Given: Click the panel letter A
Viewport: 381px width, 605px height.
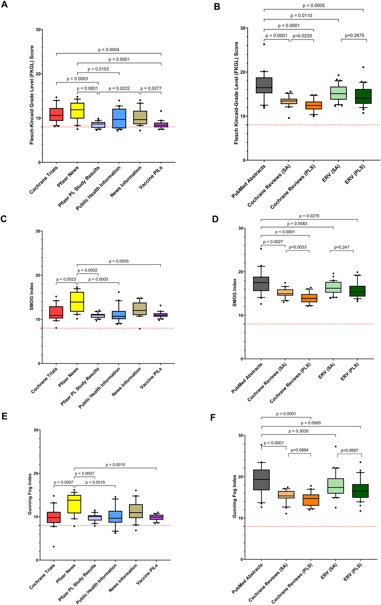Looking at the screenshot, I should (4, 4).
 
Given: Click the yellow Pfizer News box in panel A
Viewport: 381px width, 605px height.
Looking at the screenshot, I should (77, 111).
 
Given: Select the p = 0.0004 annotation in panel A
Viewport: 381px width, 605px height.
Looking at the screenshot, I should (109, 50).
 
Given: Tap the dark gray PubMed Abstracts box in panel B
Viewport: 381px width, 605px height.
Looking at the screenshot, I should (264, 85).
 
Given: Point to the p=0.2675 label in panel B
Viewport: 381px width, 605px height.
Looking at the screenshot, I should (354, 36).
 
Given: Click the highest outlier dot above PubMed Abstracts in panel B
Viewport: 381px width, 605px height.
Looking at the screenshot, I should (264, 44).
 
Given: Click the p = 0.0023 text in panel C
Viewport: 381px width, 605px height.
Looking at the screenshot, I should (66, 279).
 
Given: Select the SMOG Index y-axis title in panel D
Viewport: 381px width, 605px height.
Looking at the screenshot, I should (235, 292).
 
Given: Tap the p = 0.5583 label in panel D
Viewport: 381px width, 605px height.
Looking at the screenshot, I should (297, 224).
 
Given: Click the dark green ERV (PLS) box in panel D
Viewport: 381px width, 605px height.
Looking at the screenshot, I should (357, 291).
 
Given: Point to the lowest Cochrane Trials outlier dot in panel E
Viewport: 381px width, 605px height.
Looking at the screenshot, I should (54, 546).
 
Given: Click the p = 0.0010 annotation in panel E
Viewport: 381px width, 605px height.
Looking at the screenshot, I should (115, 465).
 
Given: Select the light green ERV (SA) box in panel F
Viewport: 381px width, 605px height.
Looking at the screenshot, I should (335, 486).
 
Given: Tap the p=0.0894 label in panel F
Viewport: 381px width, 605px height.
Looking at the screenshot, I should (299, 450).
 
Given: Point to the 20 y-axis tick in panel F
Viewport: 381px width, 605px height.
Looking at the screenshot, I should (241, 477).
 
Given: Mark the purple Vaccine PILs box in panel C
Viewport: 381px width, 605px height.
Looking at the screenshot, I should (161, 315).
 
